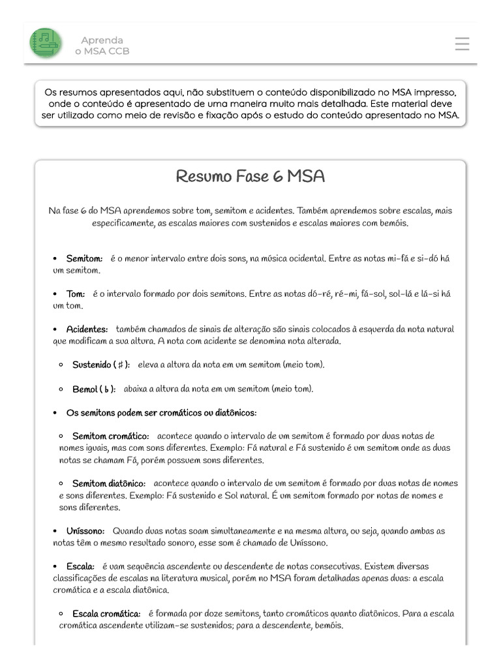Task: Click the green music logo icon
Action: click(x=46, y=43)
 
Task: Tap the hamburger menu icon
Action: click(x=462, y=44)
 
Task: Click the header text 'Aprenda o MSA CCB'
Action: click(x=102, y=45)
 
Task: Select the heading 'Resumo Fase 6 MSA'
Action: click(x=250, y=177)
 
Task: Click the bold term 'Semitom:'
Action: click(x=84, y=258)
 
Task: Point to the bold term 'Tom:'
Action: click(x=76, y=294)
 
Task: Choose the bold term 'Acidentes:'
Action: click(x=87, y=329)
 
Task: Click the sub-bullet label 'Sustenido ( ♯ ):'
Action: click(x=100, y=364)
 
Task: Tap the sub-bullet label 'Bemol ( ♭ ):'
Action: click(x=94, y=389)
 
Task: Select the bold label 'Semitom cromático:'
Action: click(x=110, y=436)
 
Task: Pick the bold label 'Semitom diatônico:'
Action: click(x=108, y=483)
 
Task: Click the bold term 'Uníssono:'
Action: click(x=85, y=531)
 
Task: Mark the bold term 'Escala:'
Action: click(x=81, y=566)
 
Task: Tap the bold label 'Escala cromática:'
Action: click(x=106, y=614)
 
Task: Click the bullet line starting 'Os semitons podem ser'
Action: click(x=161, y=412)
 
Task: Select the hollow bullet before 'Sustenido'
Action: click(x=61, y=365)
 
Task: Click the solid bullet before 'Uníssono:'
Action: click(x=55, y=532)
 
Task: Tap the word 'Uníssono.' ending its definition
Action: click(x=307, y=543)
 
